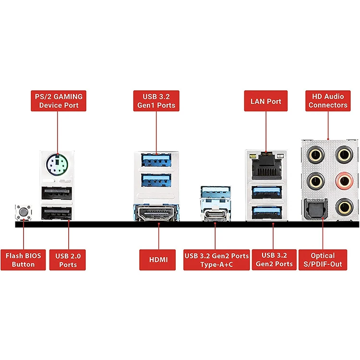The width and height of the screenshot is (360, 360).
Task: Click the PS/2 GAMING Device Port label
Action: pos(59,101)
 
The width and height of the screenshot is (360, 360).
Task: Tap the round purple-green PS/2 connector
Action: pos(57,164)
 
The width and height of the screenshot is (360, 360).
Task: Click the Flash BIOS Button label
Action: pos(23,260)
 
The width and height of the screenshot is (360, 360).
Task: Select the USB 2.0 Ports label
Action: pos(68,260)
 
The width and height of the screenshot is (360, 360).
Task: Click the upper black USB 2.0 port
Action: pos(57,193)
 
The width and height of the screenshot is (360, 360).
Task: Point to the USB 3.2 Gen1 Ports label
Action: pos(156,101)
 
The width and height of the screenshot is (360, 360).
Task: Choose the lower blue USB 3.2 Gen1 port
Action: pos(156,180)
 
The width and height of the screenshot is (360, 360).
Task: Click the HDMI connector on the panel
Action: pos(156,213)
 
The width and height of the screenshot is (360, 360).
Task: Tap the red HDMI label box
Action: pos(157,260)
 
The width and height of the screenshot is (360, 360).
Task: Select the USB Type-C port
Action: pos(216,215)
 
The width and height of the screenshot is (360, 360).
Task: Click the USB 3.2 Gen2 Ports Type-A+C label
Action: pos(216,260)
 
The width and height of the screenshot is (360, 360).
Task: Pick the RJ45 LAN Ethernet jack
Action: pos(266,166)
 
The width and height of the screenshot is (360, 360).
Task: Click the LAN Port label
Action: pos(266,101)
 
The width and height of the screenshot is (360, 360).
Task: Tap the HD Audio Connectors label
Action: pos(328,101)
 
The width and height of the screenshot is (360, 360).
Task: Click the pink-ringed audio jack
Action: pos(344,181)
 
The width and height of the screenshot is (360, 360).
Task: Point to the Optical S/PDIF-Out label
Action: pos(323,260)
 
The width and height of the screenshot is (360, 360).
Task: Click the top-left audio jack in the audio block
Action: pos(316,155)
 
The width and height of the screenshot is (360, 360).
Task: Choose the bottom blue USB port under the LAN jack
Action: pos(267,213)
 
